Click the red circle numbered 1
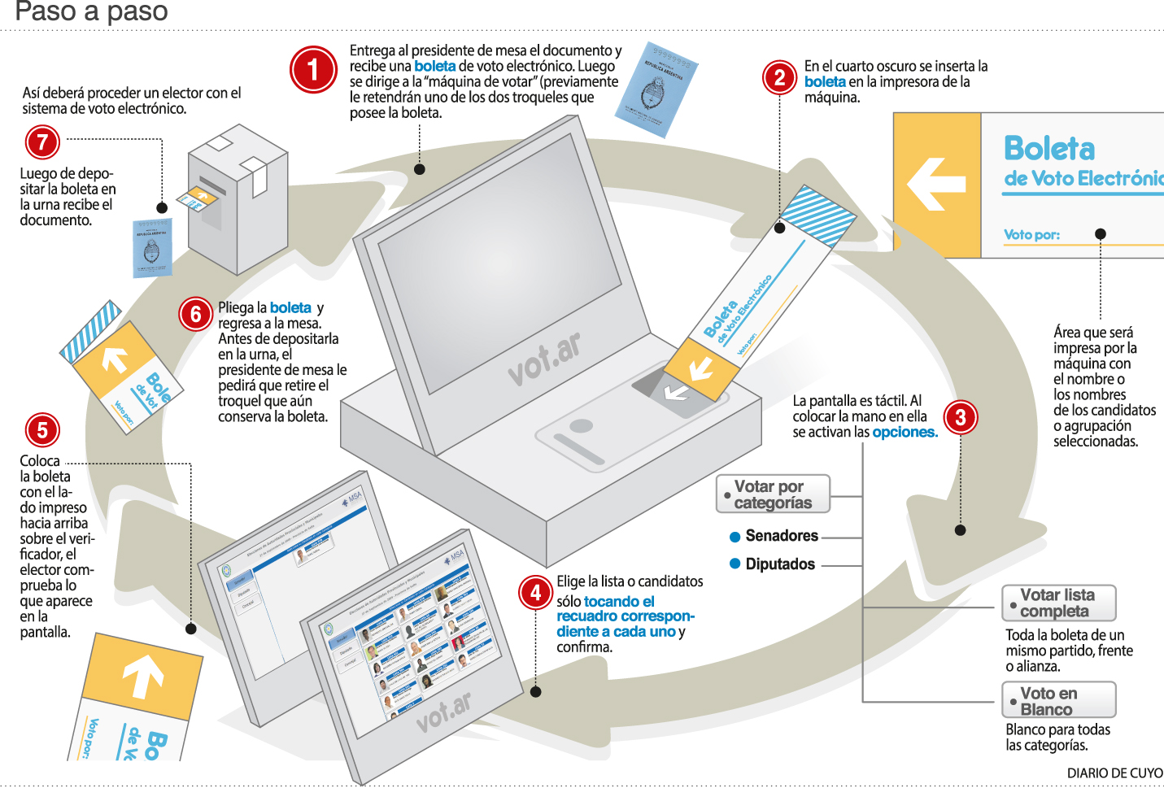[313, 70]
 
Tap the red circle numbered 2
[779, 77]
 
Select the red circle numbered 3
[961, 418]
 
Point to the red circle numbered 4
[535, 593]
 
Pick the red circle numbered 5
[42, 430]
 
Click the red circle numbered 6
[196, 314]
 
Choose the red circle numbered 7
[42, 142]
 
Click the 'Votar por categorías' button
[773, 494]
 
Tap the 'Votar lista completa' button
[1058, 603]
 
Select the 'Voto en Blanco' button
[1058, 700]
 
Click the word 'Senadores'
[782, 536]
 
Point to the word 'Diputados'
[780, 564]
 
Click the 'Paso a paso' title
[92, 11]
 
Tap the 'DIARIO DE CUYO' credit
[1114, 773]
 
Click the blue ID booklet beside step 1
[656, 89]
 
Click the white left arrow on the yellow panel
[936, 184]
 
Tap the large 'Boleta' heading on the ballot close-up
[1049, 149]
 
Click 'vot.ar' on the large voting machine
[545, 359]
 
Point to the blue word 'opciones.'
[905, 433]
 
